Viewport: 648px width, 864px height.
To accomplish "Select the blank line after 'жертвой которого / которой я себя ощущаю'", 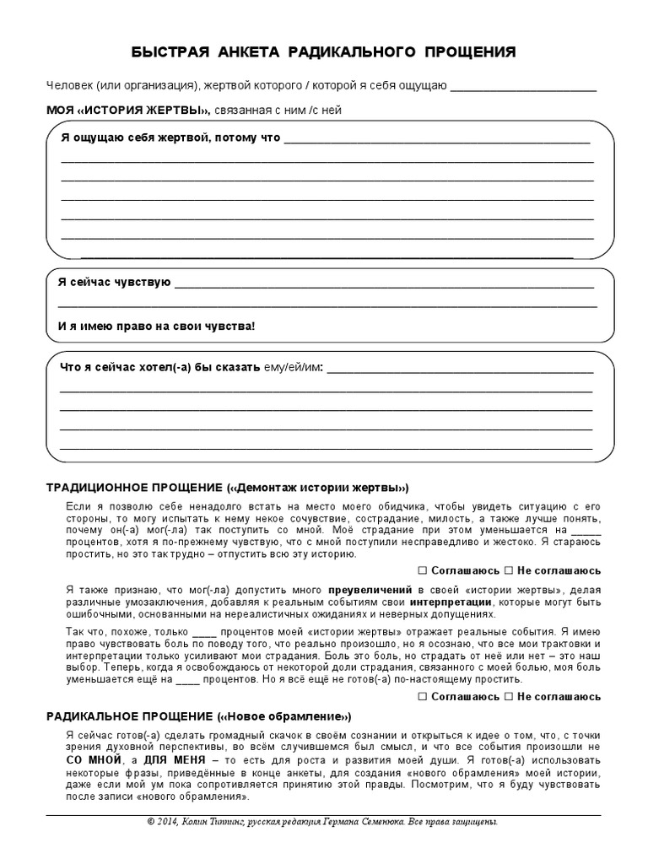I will tap(523, 89).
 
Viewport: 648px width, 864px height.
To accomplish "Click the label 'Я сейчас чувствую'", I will tap(115, 282).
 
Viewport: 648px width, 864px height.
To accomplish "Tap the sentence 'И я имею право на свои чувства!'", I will tap(155, 326).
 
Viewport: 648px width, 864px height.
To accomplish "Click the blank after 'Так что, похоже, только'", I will tap(205, 632).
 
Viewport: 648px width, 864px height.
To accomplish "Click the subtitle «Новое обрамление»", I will tap(284, 716).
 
